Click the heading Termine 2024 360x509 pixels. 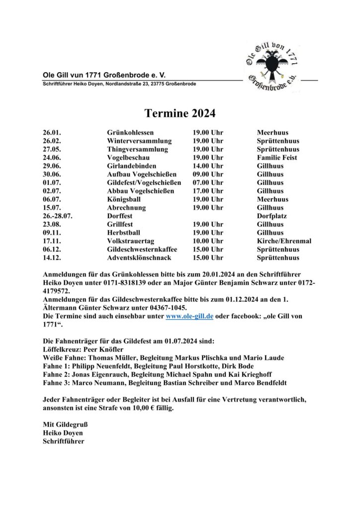pos(180,114)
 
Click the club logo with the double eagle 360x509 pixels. pos(271,67)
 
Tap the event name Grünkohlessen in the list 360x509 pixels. pos(130,133)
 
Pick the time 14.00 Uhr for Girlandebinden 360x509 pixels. pos(208,166)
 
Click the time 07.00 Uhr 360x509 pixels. pos(208,183)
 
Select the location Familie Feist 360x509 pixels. pos(277,158)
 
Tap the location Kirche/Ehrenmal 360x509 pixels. pos(284,241)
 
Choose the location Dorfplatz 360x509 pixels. pos(272,216)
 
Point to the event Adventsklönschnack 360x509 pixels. pos(139,258)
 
